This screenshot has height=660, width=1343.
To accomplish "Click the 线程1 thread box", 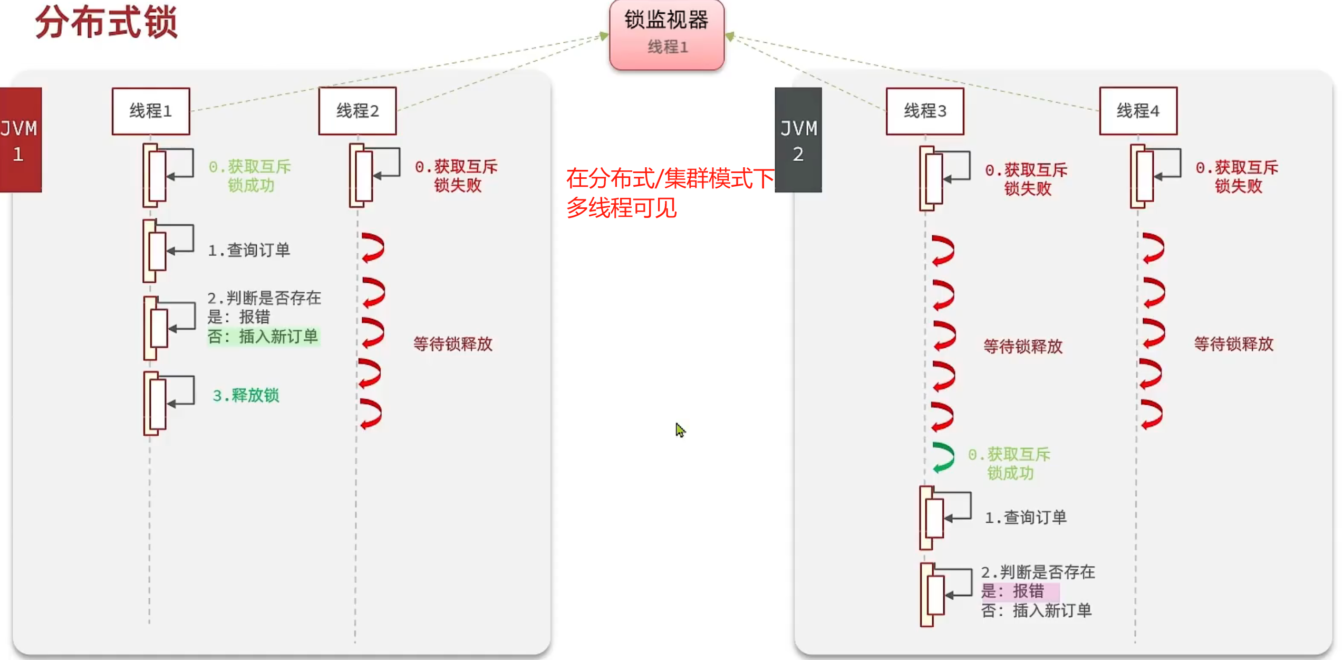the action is click(x=151, y=111).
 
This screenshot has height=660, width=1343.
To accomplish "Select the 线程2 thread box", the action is click(x=358, y=111).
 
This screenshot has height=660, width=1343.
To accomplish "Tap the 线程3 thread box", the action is click(x=925, y=111).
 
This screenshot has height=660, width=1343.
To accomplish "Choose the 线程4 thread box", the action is click(x=1138, y=111).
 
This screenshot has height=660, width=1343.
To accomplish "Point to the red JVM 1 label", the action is click(x=20, y=140).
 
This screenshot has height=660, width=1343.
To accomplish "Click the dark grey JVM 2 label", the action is click(x=798, y=140).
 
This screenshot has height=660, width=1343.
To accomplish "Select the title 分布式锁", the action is click(x=107, y=22).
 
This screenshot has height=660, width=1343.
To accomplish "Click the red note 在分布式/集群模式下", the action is click(x=670, y=178).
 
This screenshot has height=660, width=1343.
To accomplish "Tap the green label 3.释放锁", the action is click(x=246, y=395).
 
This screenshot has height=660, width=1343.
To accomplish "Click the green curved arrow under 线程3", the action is click(x=943, y=457).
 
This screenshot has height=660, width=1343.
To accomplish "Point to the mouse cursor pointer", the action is click(x=680, y=429).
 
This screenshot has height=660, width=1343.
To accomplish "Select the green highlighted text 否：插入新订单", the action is click(x=263, y=337).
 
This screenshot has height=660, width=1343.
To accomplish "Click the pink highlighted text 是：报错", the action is click(x=1012, y=591).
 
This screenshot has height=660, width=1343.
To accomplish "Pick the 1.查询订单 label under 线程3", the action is click(x=1025, y=518).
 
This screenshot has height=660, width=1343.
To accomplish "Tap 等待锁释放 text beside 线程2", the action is click(x=452, y=344).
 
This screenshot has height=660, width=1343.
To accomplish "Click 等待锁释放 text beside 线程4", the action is click(x=1233, y=344).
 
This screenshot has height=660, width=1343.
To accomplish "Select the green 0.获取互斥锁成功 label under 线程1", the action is click(x=250, y=176).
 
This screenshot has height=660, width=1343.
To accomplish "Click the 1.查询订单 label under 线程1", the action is click(x=249, y=250).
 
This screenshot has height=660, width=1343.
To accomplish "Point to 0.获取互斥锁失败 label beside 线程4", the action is click(x=1237, y=177).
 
